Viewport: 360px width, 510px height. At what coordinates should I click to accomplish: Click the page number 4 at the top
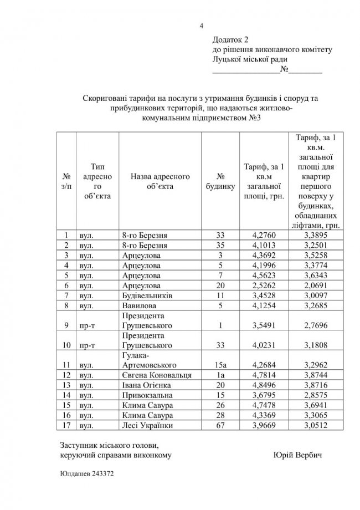[202, 25]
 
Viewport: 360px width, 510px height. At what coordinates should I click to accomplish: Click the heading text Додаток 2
[231, 40]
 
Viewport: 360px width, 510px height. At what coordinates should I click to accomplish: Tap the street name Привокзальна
[147, 395]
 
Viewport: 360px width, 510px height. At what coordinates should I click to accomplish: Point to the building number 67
[221, 425]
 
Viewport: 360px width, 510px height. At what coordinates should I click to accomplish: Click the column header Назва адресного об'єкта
[161, 181]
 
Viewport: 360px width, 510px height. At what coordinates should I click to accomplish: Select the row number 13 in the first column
[67, 385]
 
